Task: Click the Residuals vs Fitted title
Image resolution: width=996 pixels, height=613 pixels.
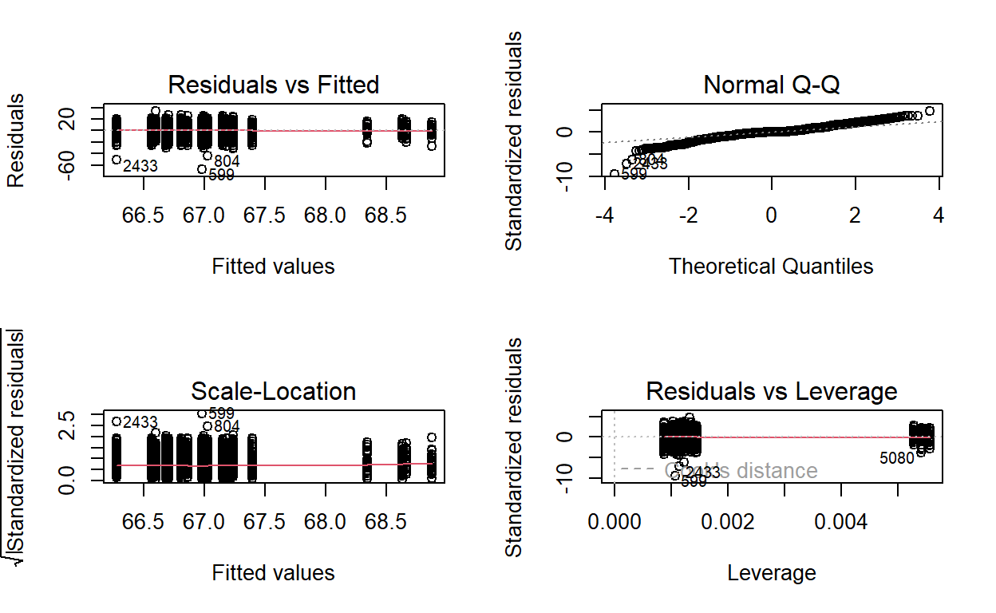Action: click(273, 85)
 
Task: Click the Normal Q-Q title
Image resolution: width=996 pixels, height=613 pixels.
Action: click(771, 85)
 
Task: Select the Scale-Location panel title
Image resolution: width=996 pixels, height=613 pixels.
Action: click(273, 391)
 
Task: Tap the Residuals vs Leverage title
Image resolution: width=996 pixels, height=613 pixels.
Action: click(771, 391)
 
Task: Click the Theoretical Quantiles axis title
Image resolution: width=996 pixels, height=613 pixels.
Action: click(771, 266)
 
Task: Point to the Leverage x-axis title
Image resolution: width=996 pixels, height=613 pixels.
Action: click(771, 572)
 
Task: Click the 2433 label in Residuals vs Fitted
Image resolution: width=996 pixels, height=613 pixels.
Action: click(140, 167)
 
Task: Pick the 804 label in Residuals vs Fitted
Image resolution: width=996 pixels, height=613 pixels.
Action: click(227, 162)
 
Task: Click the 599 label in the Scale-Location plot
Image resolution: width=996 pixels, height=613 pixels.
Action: click(221, 413)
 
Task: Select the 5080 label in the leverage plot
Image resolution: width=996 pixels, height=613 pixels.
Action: click(896, 459)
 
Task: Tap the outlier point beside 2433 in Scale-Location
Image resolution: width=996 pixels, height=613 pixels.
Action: click(116, 421)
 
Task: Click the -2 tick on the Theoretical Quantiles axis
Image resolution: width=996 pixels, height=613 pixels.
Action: click(688, 218)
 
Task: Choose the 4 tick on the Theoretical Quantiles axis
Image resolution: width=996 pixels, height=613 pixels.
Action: click(939, 218)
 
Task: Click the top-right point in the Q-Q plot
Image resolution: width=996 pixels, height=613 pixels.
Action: click(929, 111)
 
